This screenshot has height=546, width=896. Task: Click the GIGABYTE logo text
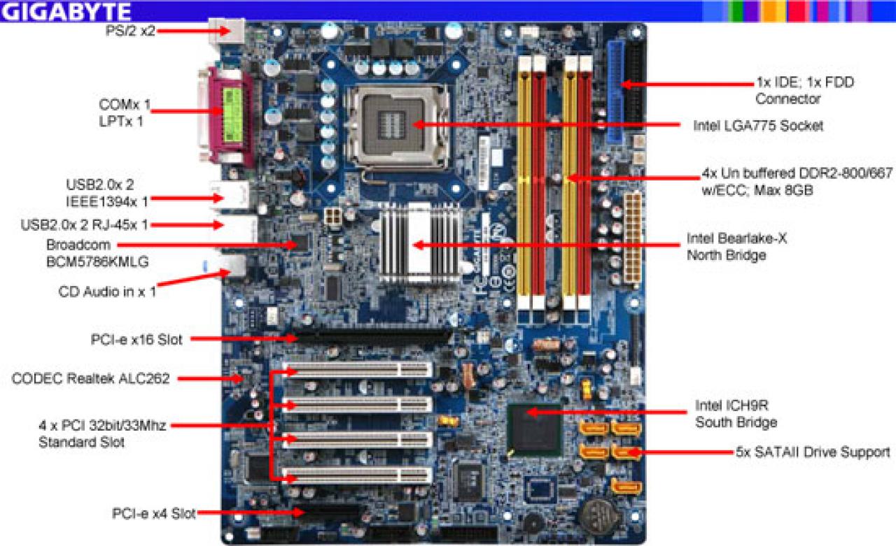click(x=66, y=12)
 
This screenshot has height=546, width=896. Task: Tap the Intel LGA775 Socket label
click(x=758, y=126)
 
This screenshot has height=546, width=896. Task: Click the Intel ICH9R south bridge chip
click(x=534, y=430)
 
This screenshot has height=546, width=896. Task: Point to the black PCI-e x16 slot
click(x=371, y=338)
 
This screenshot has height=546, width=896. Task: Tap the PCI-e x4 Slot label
click(x=153, y=513)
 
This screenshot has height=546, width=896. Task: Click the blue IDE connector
click(x=616, y=92)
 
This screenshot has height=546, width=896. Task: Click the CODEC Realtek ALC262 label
click(x=91, y=378)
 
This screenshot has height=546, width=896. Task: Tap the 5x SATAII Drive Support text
click(x=813, y=452)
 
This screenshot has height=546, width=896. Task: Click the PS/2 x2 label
click(x=130, y=30)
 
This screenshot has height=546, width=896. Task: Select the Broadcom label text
click(x=78, y=245)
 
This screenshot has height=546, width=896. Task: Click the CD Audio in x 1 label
click(x=107, y=292)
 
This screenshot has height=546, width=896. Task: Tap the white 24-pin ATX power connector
click(x=632, y=237)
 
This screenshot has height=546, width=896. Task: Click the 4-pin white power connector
click(x=332, y=217)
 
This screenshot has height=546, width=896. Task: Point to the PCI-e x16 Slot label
click(x=136, y=340)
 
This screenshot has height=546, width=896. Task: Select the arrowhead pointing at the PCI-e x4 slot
click(x=299, y=512)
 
